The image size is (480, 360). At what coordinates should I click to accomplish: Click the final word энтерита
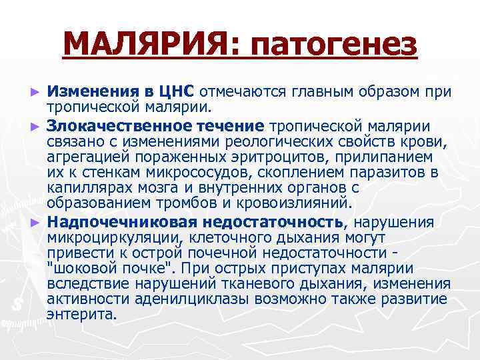pos(82,316)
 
